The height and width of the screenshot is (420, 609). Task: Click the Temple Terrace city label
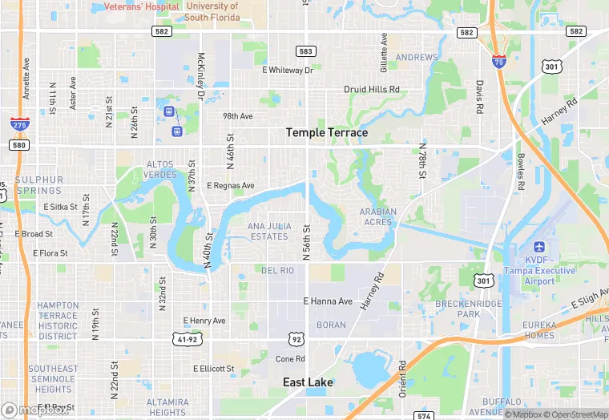(x=327, y=132)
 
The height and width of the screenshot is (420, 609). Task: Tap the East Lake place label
(x=308, y=382)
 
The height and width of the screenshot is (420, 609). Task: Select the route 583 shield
(x=304, y=51)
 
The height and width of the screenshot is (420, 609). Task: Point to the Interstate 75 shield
(x=498, y=61)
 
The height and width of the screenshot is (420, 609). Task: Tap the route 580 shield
(x=19, y=145)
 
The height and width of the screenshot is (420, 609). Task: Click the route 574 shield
(x=425, y=415)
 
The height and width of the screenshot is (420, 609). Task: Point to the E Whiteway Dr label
(x=287, y=70)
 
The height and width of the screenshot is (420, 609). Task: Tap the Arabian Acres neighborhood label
(x=377, y=217)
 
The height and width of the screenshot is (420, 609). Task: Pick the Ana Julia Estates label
(x=268, y=232)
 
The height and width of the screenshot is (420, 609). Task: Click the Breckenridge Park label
(x=469, y=309)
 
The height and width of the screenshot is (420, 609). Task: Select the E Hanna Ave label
(x=328, y=301)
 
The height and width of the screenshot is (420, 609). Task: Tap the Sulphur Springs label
(x=38, y=185)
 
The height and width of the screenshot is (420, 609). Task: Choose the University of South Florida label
(x=212, y=11)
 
